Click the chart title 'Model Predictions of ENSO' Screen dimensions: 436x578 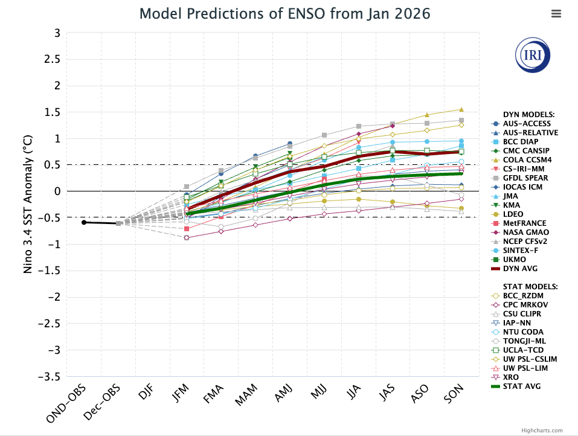285,13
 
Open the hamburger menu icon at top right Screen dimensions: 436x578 556,13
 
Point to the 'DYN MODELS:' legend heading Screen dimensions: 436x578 528,114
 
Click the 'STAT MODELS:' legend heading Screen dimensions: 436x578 530,286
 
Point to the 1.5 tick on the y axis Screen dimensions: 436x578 52,112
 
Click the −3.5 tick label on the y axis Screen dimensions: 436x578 48,376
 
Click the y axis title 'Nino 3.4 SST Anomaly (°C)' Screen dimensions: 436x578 28,205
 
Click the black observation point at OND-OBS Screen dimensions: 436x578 84,222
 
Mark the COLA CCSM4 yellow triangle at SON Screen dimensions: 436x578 461,109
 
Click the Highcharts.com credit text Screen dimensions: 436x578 542,431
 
